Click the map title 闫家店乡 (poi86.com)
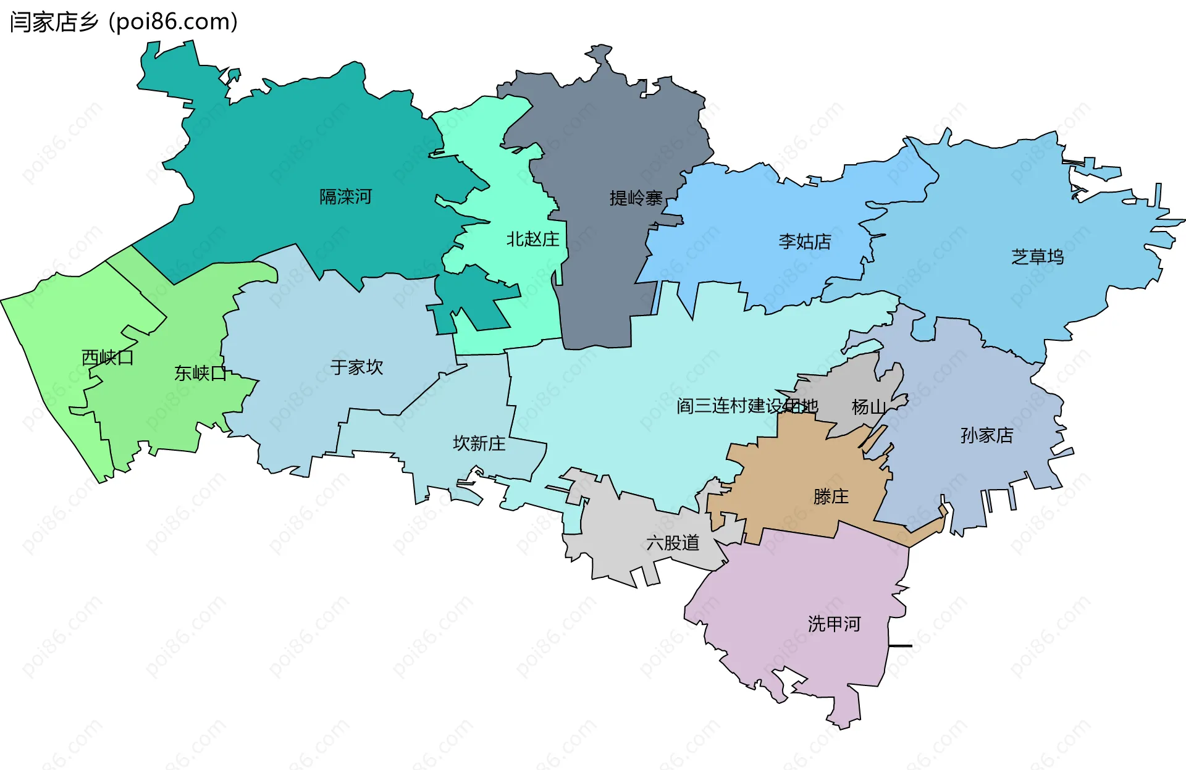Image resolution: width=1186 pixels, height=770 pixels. point(124,22)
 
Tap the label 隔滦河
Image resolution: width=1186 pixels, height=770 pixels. point(345,197)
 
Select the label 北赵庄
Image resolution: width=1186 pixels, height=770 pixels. point(532,239)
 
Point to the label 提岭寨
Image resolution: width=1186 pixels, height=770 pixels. point(636,198)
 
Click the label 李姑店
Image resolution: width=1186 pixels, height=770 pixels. point(805,241)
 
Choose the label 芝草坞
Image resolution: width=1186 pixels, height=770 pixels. point(1037,257)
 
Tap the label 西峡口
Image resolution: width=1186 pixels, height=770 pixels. point(107,358)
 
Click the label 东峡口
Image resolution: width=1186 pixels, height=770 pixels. point(200,373)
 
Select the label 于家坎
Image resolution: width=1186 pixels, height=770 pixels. point(356,367)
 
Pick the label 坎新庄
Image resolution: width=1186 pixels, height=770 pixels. point(479,443)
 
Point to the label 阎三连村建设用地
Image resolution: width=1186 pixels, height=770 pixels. point(747,406)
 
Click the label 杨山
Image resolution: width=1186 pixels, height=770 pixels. point(868,407)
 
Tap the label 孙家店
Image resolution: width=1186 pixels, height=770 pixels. point(986,435)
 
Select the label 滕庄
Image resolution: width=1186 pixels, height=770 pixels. point(831,496)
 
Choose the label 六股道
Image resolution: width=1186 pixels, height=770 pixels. point(673,543)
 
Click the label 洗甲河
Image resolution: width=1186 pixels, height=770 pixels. point(834,624)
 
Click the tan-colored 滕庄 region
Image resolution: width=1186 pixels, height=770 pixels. point(797,469)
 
